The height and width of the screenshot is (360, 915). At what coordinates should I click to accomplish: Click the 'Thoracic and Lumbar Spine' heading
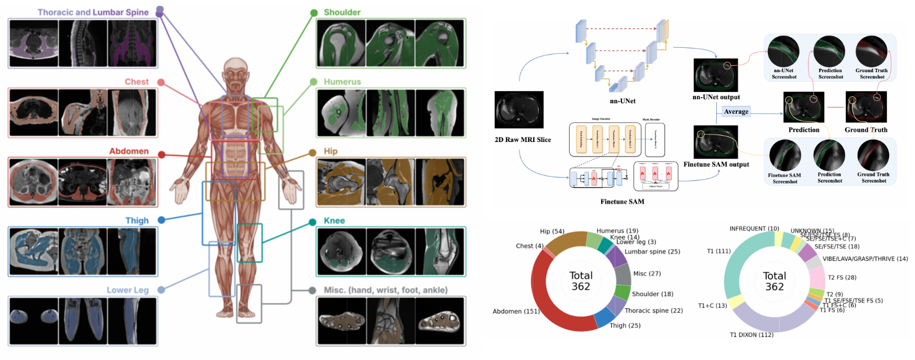click(x=93, y=12)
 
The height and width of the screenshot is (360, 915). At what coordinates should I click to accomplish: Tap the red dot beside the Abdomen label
click(x=162, y=154)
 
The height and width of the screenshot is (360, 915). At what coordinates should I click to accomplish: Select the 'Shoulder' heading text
click(x=342, y=12)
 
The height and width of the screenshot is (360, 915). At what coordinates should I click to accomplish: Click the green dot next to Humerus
click(x=313, y=82)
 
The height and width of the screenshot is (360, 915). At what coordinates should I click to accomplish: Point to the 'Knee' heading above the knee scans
click(x=334, y=220)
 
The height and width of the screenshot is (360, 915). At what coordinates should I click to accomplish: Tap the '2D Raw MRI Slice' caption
click(x=522, y=140)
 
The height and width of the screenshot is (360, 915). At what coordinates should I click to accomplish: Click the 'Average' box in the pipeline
click(x=736, y=112)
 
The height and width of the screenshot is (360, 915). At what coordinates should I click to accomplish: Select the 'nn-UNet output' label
click(x=716, y=97)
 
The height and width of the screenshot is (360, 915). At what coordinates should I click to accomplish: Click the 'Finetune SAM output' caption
click(x=716, y=165)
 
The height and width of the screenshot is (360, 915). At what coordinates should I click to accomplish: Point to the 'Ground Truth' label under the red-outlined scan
click(x=865, y=130)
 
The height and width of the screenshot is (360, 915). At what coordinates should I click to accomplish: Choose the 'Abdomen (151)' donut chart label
click(x=516, y=311)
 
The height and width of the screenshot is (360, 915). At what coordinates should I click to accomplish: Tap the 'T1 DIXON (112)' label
click(x=752, y=335)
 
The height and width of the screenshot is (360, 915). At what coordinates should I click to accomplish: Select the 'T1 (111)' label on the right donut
click(x=718, y=251)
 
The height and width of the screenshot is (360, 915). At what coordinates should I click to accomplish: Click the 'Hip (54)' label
click(x=552, y=232)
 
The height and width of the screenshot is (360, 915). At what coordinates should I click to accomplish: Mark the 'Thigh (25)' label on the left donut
click(x=625, y=325)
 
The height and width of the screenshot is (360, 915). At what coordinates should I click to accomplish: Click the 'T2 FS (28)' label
click(x=842, y=277)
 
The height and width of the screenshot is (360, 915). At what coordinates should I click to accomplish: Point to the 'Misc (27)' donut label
click(x=647, y=273)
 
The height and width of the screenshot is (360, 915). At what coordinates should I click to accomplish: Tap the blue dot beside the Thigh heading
click(x=162, y=220)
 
